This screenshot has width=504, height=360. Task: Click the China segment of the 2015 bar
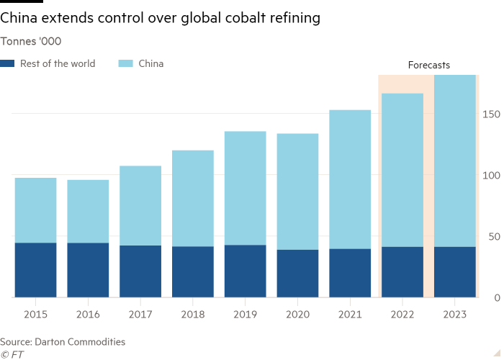[x=35, y=210]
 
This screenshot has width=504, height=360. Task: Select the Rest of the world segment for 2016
[x=88, y=270]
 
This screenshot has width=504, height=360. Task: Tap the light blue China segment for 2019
[x=245, y=188]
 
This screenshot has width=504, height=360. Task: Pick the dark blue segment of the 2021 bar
[x=350, y=273]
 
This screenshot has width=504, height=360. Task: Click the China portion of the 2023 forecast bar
[x=455, y=161]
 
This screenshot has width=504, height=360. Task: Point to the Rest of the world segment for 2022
[x=402, y=272]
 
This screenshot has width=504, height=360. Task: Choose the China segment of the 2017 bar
[x=140, y=205]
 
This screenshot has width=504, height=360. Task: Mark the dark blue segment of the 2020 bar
[x=297, y=274]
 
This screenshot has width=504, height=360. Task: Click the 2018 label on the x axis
[x=193, y=315]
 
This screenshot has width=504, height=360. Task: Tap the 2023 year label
[x=455, y=315]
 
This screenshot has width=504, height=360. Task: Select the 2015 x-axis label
[x=35, y=315]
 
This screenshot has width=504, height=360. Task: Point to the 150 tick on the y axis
[x=490, y=114]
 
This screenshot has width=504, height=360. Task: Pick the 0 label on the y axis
[x=496, y=298]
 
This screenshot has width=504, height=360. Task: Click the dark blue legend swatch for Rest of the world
[x=9, y=64]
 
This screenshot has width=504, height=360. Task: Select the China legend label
[x=150, y=64]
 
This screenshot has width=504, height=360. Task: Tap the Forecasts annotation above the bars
[x=428, y=66]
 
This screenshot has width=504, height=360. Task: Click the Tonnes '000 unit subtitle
[x=30, y=41]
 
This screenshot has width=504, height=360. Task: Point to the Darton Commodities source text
[x=63, y=342]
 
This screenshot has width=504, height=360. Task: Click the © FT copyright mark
[x=11, y=354]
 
